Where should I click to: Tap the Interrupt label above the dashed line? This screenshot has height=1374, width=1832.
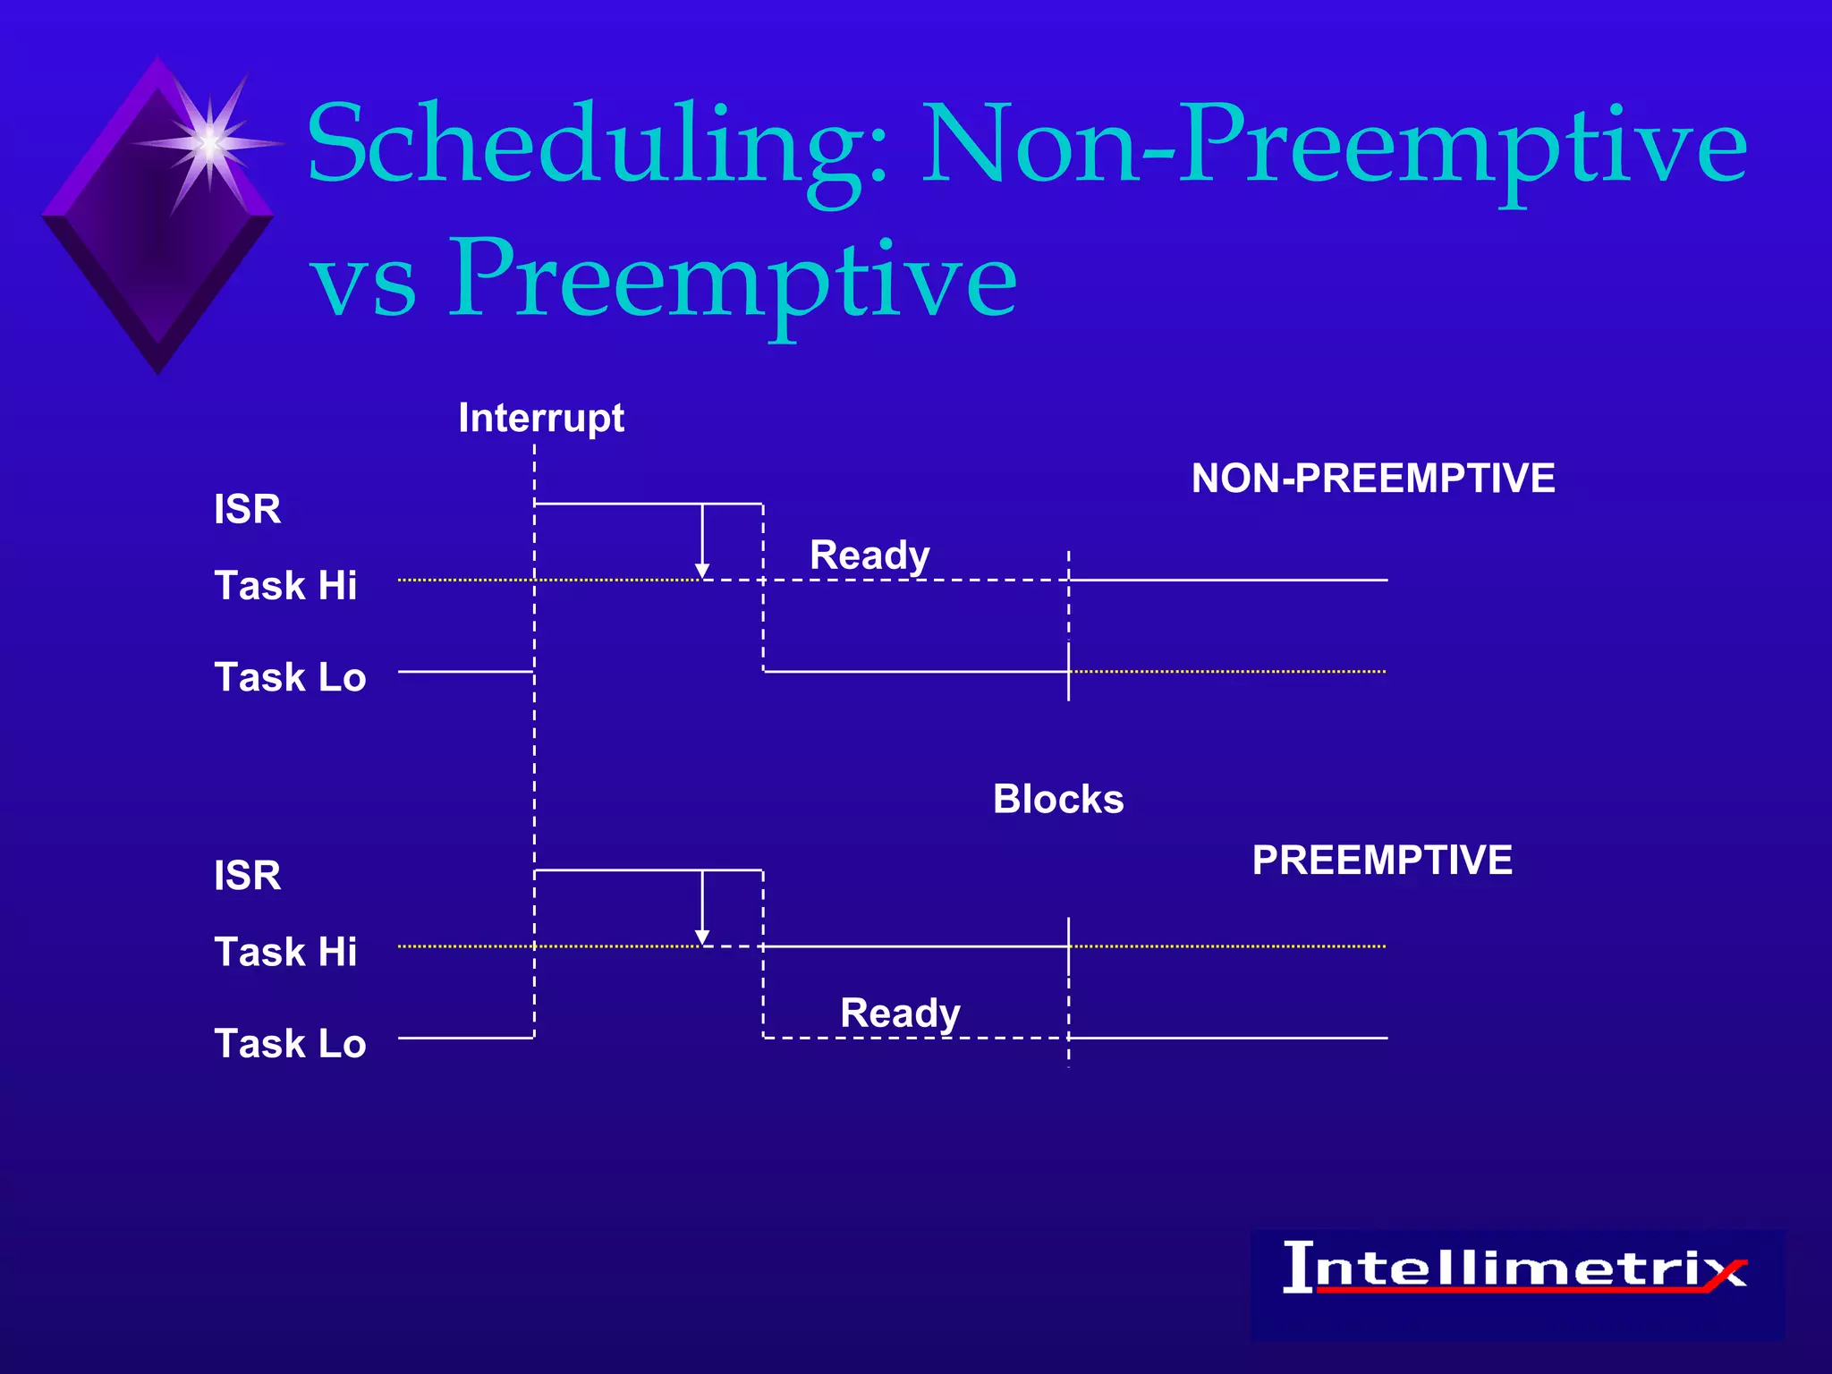540,418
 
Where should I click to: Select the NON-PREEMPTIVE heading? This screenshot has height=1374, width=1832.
1372,478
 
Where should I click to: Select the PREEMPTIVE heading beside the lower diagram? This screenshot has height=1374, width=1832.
1381,860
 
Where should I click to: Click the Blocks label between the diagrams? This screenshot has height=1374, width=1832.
1057,799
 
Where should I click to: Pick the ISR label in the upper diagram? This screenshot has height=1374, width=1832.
247,509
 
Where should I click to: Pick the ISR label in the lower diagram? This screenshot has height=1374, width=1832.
247,875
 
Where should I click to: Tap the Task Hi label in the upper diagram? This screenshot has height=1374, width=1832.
285,586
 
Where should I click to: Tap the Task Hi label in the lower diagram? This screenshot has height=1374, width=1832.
285,952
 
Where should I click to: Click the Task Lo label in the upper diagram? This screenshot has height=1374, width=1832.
290,677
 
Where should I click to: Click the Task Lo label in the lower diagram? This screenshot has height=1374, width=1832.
290,1044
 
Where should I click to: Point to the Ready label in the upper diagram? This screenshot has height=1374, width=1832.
869,556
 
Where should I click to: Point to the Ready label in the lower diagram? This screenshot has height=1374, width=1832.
900,1014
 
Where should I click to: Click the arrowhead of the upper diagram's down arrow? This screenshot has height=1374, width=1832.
702,571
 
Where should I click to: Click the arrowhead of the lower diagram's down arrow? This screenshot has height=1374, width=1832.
702,937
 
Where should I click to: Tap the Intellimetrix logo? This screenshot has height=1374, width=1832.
1515,1270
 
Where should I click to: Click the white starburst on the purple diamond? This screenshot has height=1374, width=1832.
208,143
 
